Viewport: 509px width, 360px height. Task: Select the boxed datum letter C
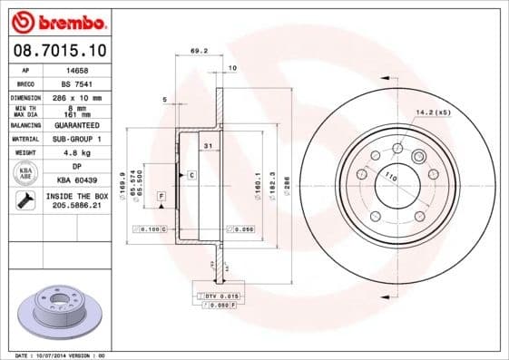191,173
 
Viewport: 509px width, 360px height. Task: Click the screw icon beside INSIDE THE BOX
25,200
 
